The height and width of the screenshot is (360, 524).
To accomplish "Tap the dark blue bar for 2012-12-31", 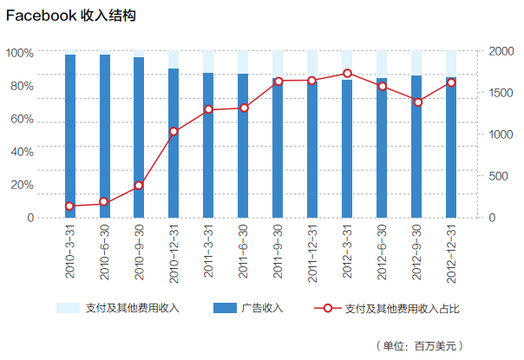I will point(451,147).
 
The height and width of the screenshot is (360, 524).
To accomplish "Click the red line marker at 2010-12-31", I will point(174,131).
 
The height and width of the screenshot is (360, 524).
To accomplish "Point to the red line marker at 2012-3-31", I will point(347,74).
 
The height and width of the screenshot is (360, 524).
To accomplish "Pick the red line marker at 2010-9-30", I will point(139,186).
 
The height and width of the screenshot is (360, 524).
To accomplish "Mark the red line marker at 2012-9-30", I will point(416,102).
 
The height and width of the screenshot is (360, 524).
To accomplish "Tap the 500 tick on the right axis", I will point(498,176).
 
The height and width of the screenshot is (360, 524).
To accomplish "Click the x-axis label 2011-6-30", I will point(243,251).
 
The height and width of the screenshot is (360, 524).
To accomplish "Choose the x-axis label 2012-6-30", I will point(382,251).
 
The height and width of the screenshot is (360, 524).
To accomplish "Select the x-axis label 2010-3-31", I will point(70,251).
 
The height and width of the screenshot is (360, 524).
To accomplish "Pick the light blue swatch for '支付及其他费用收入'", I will point(69,308).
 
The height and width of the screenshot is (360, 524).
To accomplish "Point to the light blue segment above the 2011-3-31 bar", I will point(208,62).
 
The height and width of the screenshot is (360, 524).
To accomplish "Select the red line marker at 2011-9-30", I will point(278,82).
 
